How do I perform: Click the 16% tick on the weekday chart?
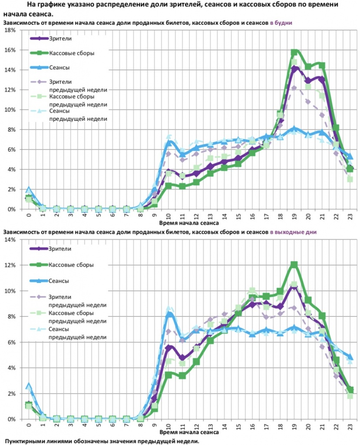coord(10,50)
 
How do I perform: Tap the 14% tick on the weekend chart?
coord(10,239)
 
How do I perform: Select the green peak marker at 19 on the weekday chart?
coord(294,53)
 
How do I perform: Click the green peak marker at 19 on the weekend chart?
coord(294,264)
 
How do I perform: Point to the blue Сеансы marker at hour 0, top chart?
coord(29,190)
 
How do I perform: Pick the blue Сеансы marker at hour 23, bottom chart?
coord(350,357)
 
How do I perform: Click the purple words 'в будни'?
coord(281,22)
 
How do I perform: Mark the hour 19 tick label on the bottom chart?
coord(294,425)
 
